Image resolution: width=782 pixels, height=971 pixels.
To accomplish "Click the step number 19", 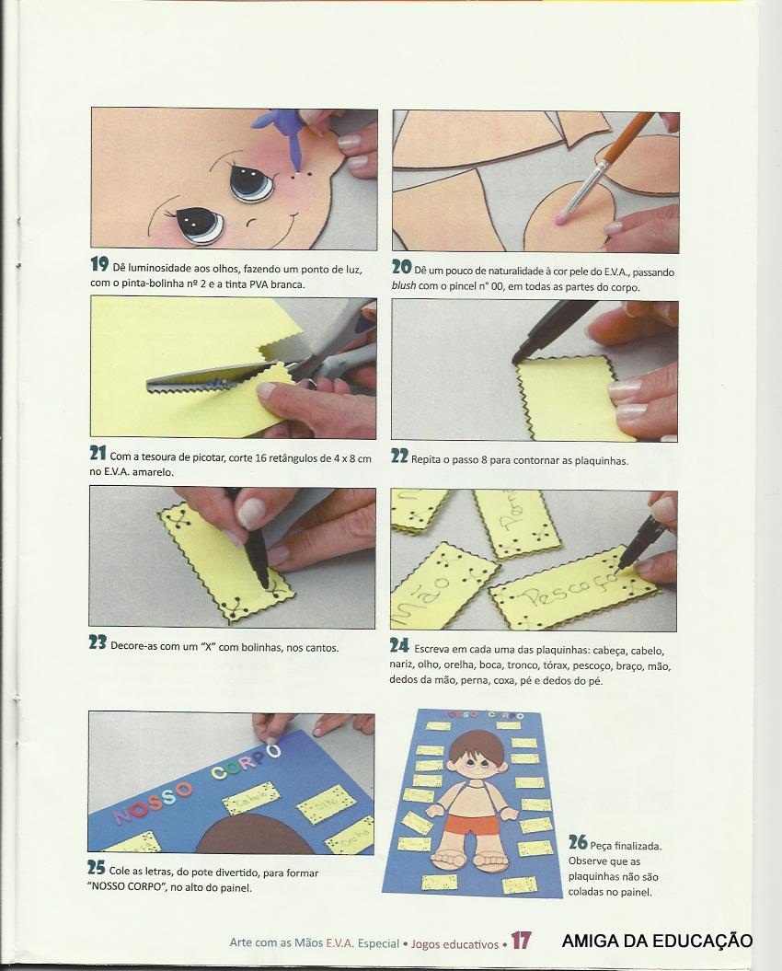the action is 99,264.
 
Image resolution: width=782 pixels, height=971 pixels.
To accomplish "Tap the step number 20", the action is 401,267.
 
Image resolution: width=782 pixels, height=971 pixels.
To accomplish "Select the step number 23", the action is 98,642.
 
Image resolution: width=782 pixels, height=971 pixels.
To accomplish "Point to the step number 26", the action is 578,842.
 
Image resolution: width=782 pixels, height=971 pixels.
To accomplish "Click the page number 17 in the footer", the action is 521,941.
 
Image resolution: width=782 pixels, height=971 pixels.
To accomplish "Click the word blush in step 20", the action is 403,287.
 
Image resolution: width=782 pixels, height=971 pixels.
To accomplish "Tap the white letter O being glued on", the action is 272,751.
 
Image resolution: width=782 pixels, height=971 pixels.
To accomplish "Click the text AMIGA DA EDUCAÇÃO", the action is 657,942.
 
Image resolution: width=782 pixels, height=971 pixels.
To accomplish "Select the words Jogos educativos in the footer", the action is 454,943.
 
